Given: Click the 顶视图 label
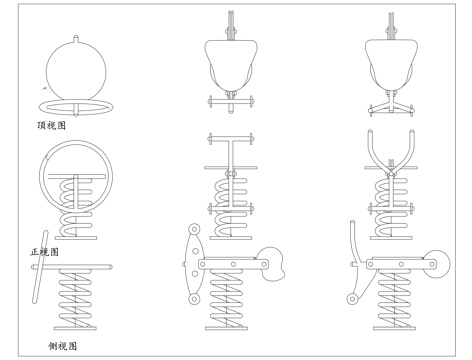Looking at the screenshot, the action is [51, 125].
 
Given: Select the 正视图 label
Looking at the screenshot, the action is [45, 252].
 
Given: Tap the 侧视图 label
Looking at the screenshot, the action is [63, 346].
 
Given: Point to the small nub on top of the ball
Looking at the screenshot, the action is [76, 38].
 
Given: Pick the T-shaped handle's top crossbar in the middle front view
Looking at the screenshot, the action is [230, 139].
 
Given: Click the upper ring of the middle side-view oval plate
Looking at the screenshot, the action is [194, 229].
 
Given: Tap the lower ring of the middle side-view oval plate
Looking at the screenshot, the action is [194, 298].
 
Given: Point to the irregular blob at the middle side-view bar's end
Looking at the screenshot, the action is [273, 264].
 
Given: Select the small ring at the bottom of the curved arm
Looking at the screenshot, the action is [352, 299].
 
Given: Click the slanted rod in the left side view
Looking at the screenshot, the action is [40, 267].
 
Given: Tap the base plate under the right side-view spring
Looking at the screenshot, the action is [394, 328].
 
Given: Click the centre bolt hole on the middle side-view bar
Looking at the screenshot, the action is [233, 264].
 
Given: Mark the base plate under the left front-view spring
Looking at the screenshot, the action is [76, 238].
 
